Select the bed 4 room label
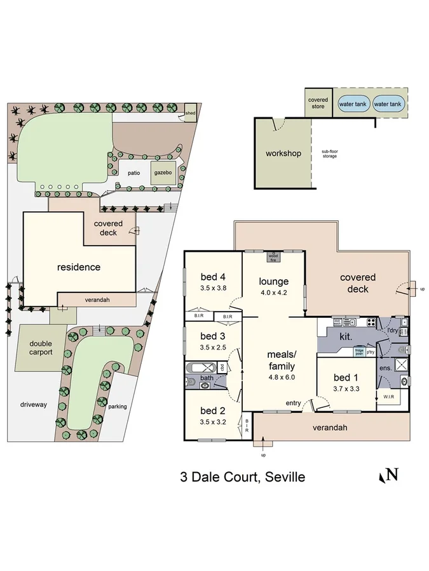coord(213,277)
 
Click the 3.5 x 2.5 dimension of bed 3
coord(213,347)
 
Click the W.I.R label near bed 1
coord(386,398)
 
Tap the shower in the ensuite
coord(400,364)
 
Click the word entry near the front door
coord(294,403)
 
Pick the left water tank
coord(353,104)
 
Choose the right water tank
coord(387,104)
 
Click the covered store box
coord(318,103)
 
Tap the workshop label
coord(283,154)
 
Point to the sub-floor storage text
coord(329,154)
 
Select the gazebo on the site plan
coord(160,172)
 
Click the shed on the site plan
coord(190,113)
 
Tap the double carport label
coord(41,347)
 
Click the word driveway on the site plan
coord(33,404)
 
